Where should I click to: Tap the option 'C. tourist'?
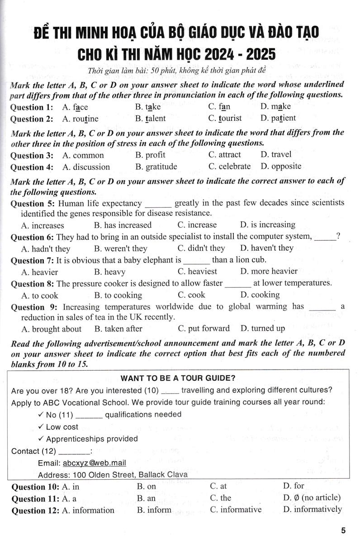coord(225,118)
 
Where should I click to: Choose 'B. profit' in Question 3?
coord(150,155)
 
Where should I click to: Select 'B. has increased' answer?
coord(123,225)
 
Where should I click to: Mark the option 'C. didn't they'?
coord(201,248)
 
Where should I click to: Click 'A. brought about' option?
coord(51,329)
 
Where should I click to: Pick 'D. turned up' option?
coord(262,329)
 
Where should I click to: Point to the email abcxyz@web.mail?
coord(95,463)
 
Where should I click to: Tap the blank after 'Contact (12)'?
coord(74,452)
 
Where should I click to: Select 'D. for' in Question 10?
coord(294,486)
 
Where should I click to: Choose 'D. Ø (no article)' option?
coord(312,498)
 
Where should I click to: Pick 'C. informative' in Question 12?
coord(236,510)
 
